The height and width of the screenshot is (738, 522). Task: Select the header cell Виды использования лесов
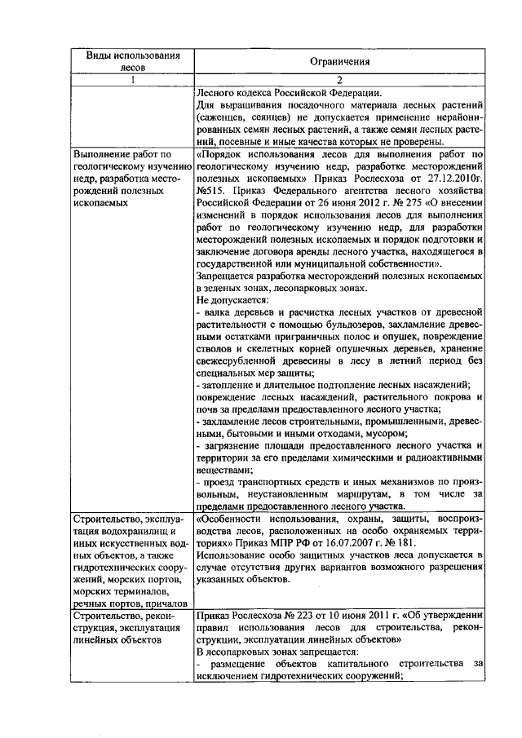tap(133, 61)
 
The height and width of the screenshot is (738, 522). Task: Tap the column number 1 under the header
tap(133, 79)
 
